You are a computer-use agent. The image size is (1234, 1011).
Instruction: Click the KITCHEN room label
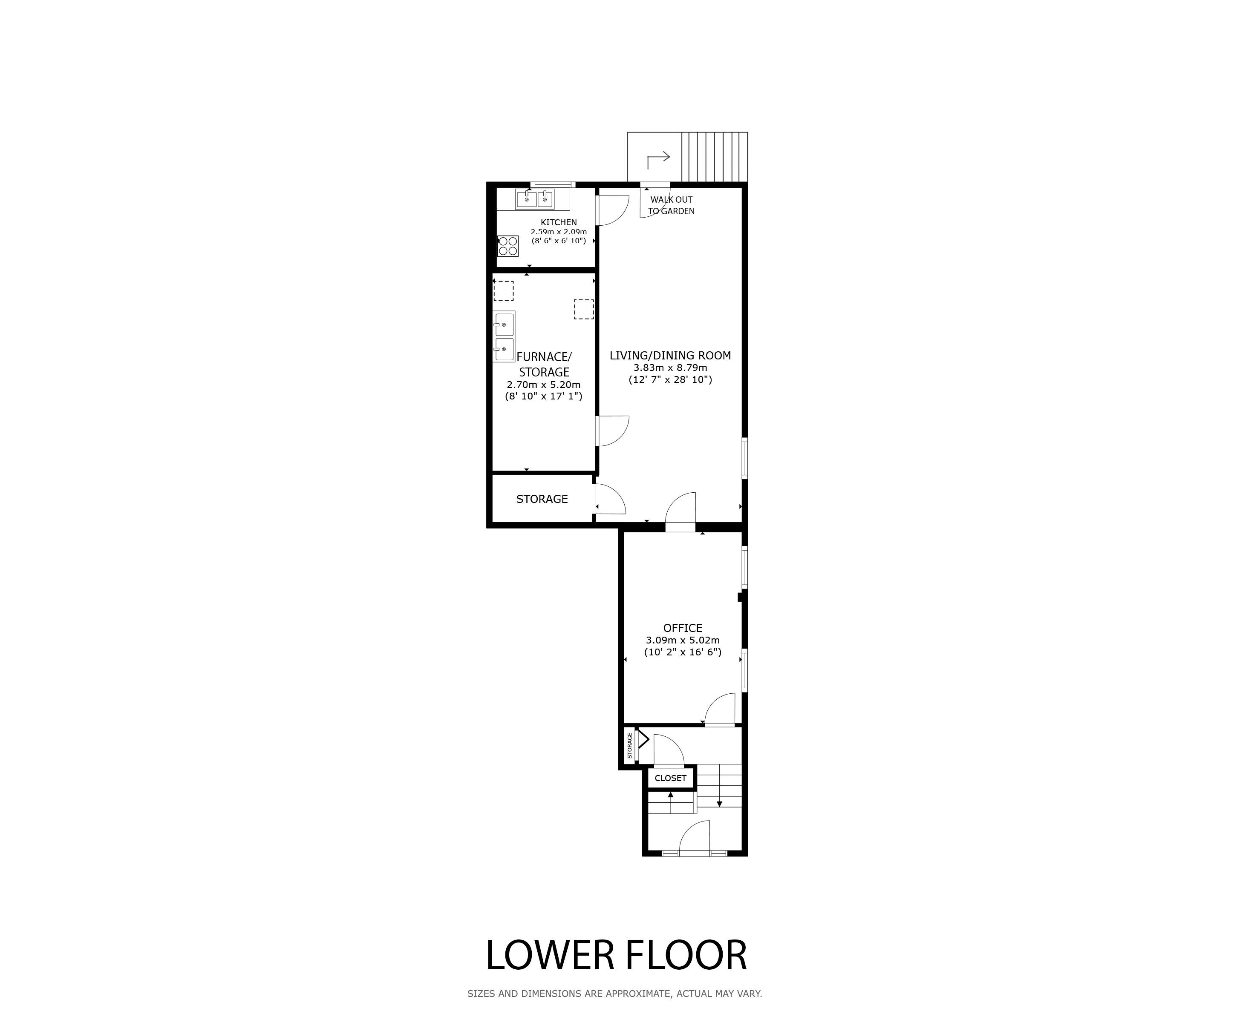click(559, 222)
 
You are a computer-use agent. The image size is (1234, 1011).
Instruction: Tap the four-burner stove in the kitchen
click(508, 246)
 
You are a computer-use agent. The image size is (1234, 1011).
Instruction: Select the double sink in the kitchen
click(535, 199)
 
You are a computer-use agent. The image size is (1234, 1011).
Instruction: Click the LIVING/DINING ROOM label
click(670, 355)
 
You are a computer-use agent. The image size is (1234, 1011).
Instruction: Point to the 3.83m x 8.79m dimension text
click(670, 368)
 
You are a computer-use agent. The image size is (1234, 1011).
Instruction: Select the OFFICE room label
click(683, 628)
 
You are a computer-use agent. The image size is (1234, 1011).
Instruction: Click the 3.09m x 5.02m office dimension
click(683, 640)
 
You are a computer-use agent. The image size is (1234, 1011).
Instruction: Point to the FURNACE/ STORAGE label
click(544, 365)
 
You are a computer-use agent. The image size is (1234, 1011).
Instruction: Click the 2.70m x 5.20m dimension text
click(544, 385)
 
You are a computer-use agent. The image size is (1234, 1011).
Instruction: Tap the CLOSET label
click(671, 778)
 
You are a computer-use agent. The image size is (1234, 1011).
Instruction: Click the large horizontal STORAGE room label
click(542, 499)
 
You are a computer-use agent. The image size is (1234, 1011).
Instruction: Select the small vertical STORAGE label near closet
click(630, 745)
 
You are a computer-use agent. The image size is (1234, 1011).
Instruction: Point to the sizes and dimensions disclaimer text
click(615, 994)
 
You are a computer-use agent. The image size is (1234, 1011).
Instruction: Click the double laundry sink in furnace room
click(505, 336)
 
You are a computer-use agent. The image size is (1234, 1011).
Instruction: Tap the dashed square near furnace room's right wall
click(584, 309)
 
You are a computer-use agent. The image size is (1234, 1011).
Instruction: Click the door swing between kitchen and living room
click(613, 210)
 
